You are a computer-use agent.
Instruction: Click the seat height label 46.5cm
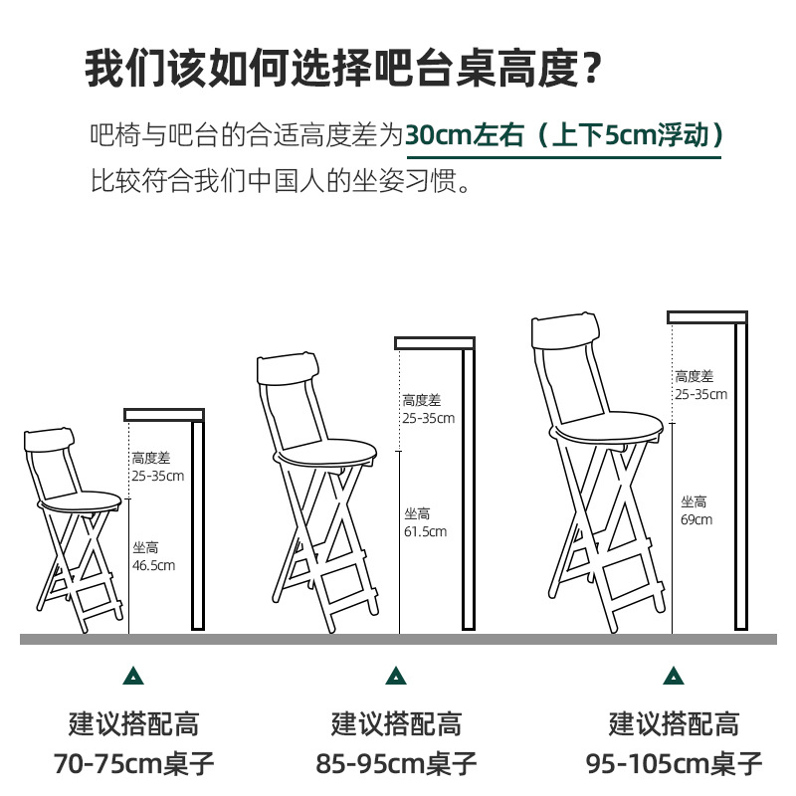153,565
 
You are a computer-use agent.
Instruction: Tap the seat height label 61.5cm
426,531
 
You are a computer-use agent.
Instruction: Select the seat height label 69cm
696,519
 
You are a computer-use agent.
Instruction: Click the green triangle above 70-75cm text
133,677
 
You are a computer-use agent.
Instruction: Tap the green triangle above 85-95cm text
396,677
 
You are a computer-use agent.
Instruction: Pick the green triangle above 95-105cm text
674,677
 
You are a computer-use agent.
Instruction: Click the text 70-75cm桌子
134,763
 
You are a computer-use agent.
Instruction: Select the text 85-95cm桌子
396,763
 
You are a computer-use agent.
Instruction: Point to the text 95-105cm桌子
674,763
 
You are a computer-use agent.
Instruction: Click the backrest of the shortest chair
49,440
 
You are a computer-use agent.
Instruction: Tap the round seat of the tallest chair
606,426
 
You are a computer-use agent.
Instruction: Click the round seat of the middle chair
325,452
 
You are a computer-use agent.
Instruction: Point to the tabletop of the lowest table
164,415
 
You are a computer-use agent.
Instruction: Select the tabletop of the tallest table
707,317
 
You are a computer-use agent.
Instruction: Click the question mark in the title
591,69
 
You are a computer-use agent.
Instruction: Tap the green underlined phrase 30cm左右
465,135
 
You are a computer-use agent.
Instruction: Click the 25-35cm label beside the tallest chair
701,394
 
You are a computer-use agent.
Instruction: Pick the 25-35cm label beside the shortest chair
158,477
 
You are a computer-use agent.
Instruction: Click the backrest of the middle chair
289,369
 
